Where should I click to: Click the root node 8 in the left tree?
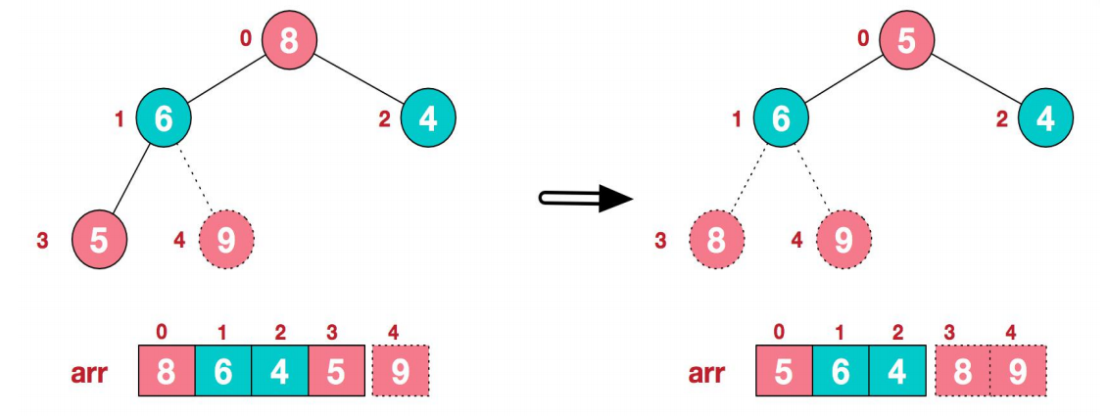(x=290, y=40)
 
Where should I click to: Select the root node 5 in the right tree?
(x=907, y=40)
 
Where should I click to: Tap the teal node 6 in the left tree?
(x=163, y=118)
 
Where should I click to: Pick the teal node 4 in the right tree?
(x=1045, y=118)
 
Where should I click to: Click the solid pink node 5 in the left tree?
(x=99, y=239)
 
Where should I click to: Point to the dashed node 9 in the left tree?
(x=225, y=239)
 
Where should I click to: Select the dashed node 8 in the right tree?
(x=717, y=239)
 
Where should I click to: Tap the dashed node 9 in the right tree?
(x=843, y=239)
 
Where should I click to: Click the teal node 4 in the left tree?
(x=427, y=118)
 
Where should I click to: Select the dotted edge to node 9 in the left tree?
(x=195, y=180)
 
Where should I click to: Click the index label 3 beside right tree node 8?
(x=659, y=239)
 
